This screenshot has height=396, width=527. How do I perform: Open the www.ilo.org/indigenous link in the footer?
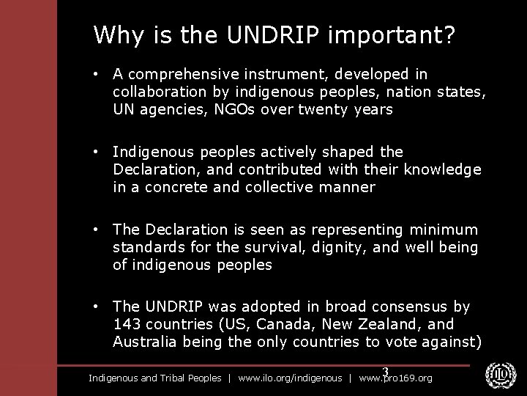coord(290,378)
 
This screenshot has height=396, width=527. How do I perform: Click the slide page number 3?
coord(385,373)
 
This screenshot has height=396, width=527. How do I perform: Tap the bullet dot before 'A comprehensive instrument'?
coord(97,75)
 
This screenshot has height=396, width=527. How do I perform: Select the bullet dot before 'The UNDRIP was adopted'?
coord(97,307)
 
